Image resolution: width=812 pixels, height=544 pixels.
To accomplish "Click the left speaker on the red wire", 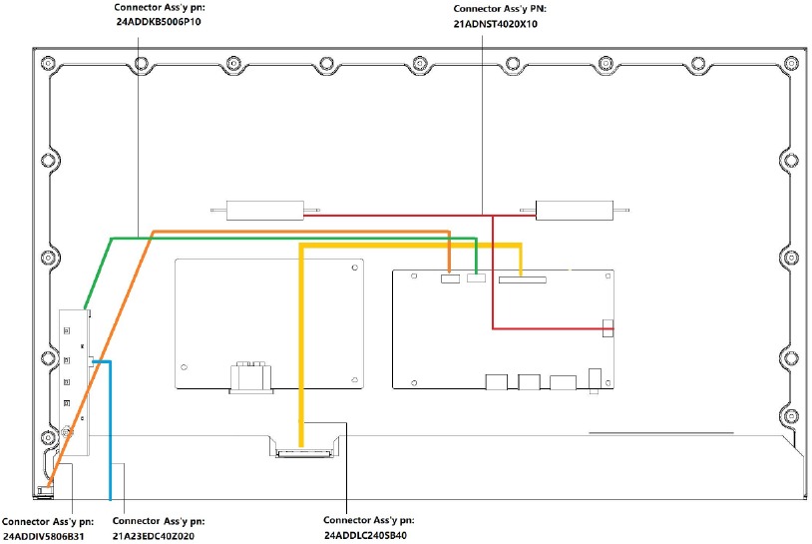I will (263, 211).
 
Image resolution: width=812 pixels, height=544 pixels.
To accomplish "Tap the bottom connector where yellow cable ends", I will (300, 453).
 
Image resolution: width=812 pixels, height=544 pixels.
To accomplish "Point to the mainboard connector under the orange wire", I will (450, 278).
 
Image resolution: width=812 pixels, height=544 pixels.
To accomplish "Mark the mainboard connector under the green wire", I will (476, 278).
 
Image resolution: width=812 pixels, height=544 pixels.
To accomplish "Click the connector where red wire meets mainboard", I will (608, 328).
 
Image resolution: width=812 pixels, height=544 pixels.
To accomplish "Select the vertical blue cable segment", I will (109, 429).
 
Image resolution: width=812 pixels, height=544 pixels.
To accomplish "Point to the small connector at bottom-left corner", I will (43, 490).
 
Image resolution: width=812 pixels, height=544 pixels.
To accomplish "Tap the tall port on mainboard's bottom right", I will (596, 379).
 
